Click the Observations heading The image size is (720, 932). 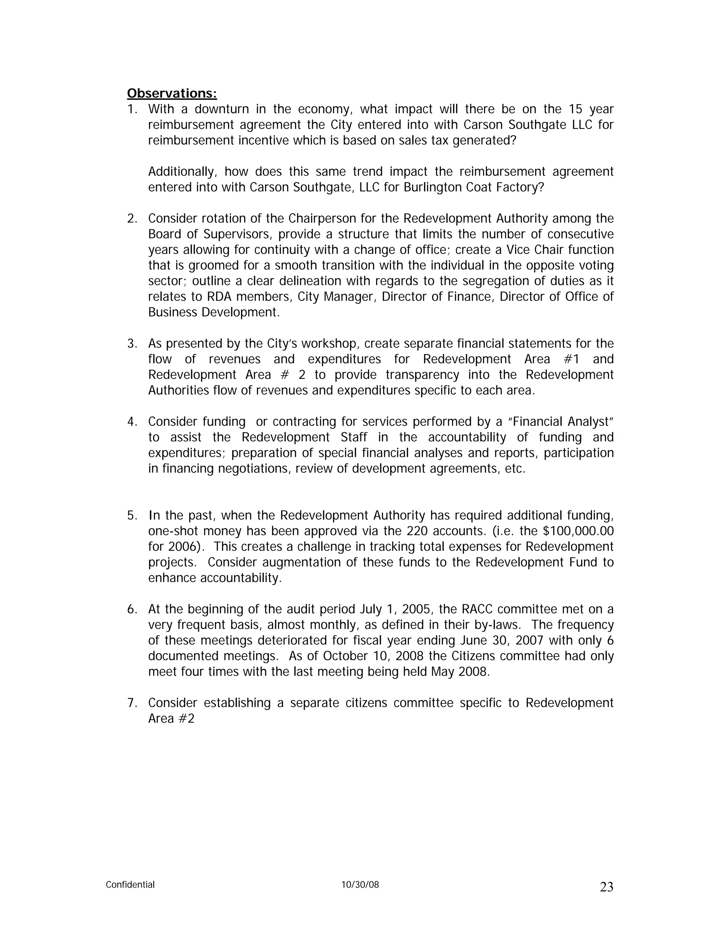[172, 94]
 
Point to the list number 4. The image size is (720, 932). [132, 422]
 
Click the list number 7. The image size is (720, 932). [132, 703]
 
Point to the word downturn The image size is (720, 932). [221, 109]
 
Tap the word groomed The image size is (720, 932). [212, 266]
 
